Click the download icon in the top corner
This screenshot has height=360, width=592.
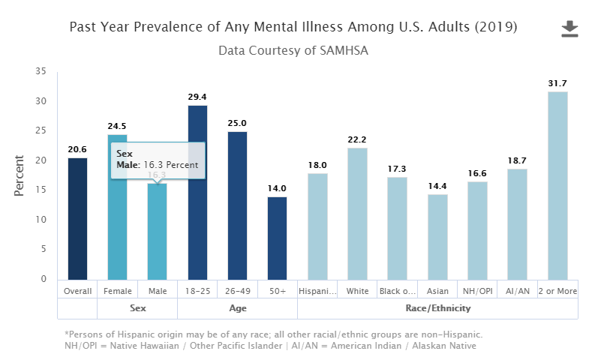pyautogui.click(x=570, y=29)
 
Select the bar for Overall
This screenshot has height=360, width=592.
pyautogui.click(x=77, y=218)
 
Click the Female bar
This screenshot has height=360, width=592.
pyautogui.click(x=117, y=225)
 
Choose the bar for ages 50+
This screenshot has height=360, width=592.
pyautogui.click(x=277, y=237)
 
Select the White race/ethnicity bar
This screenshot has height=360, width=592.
pyautogui.click(x=357, y=213)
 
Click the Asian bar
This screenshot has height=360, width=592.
pyautogui.click(x=437, y=236)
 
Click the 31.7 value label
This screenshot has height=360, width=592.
pyautogui.click(x=557, y=83)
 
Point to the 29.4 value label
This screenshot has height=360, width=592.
pyautogui.click(x=197, y=97)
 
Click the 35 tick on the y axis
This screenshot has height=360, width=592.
pyautogui.click(x=41, y=72)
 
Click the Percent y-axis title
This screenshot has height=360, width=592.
pyautogui.click(x=20, y=175)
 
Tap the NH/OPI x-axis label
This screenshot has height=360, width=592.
pyautogui.click(x=477, y=290)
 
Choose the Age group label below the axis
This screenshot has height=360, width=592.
pyautogui.click(x=237, y=308)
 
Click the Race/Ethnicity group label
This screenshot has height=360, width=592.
pyautogui.click(x=437, y=308)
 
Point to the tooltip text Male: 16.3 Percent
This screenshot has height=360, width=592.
pyautogui.click(x=157, y=164)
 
